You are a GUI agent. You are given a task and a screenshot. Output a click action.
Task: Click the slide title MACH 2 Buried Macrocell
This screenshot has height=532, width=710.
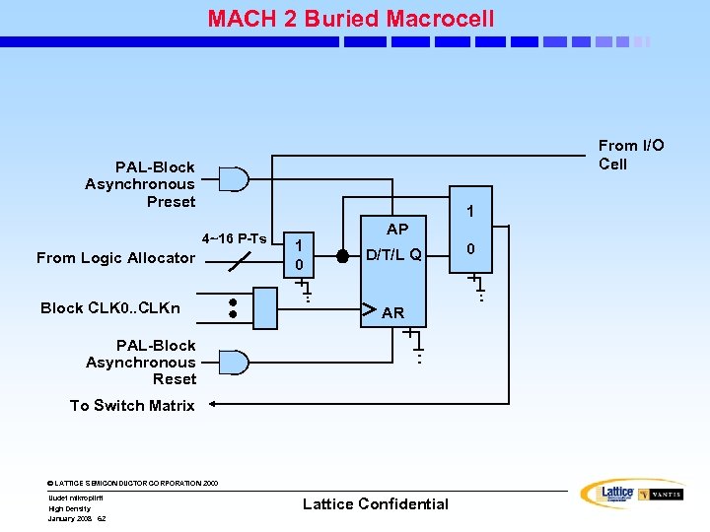coord(350,19)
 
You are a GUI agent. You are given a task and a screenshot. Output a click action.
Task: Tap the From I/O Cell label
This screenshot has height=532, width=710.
coord(631,155)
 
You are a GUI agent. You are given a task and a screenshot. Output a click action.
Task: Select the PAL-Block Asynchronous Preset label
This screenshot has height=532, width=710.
coord(140,184)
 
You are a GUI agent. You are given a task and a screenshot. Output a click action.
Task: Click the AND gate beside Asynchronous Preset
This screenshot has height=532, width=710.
coord(234,179)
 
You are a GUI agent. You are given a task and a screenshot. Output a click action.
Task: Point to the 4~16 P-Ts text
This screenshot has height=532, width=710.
coord(234,238)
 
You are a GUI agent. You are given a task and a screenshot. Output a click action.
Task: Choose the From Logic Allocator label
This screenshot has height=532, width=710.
coord(115,258)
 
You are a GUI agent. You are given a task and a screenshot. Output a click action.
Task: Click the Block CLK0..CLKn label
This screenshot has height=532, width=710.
coord(110,307)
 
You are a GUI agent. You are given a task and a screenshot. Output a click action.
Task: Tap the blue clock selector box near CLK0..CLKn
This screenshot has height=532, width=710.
coord(265,306)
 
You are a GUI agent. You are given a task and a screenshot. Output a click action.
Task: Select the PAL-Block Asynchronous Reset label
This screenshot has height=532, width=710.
coord(141,362)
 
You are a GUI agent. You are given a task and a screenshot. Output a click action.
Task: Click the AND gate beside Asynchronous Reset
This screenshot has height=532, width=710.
coord(234,362)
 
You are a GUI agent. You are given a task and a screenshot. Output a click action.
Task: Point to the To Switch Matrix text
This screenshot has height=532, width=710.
coord(132,405)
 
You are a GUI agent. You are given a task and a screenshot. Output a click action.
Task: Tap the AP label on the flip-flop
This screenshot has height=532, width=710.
coord(397,230)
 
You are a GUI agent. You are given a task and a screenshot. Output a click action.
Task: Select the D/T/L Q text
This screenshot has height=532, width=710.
coord(393,255)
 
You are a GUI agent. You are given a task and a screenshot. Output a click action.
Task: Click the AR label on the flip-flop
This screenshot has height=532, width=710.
coord(392,313)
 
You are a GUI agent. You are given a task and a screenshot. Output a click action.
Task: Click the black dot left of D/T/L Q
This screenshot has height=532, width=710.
coord(342,255)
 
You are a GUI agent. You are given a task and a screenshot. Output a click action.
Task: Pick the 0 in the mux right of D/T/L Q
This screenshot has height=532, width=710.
coord(471,249)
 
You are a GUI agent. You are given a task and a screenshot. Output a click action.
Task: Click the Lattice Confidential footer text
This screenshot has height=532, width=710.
coord(375,503)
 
